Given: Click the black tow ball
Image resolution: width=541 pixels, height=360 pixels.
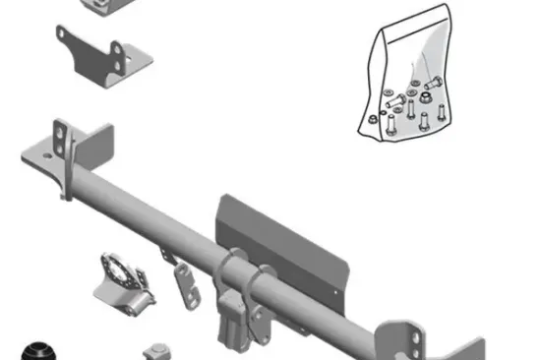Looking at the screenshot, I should (41, 350).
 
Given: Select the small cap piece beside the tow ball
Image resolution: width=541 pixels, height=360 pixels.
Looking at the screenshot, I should (156, 351).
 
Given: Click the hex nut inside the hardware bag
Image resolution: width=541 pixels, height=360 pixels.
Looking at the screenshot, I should (430, 97).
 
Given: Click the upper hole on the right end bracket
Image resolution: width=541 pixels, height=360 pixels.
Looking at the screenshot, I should (414, 326).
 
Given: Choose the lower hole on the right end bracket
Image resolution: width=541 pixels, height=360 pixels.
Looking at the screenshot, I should (414, 346).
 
